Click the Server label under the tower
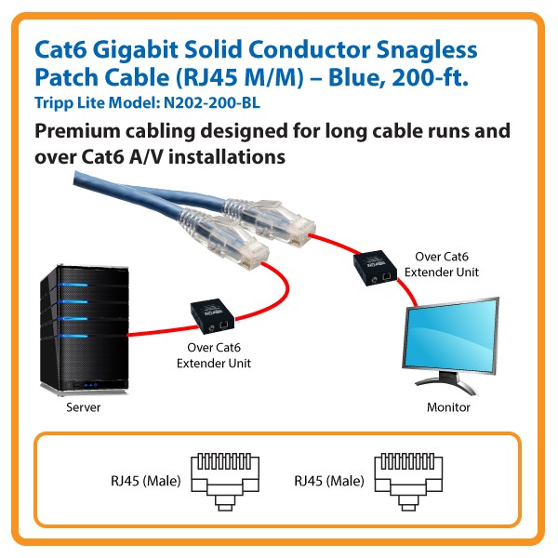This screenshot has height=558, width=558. pos(83,407)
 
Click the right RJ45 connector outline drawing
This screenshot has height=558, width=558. pos(405,481)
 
